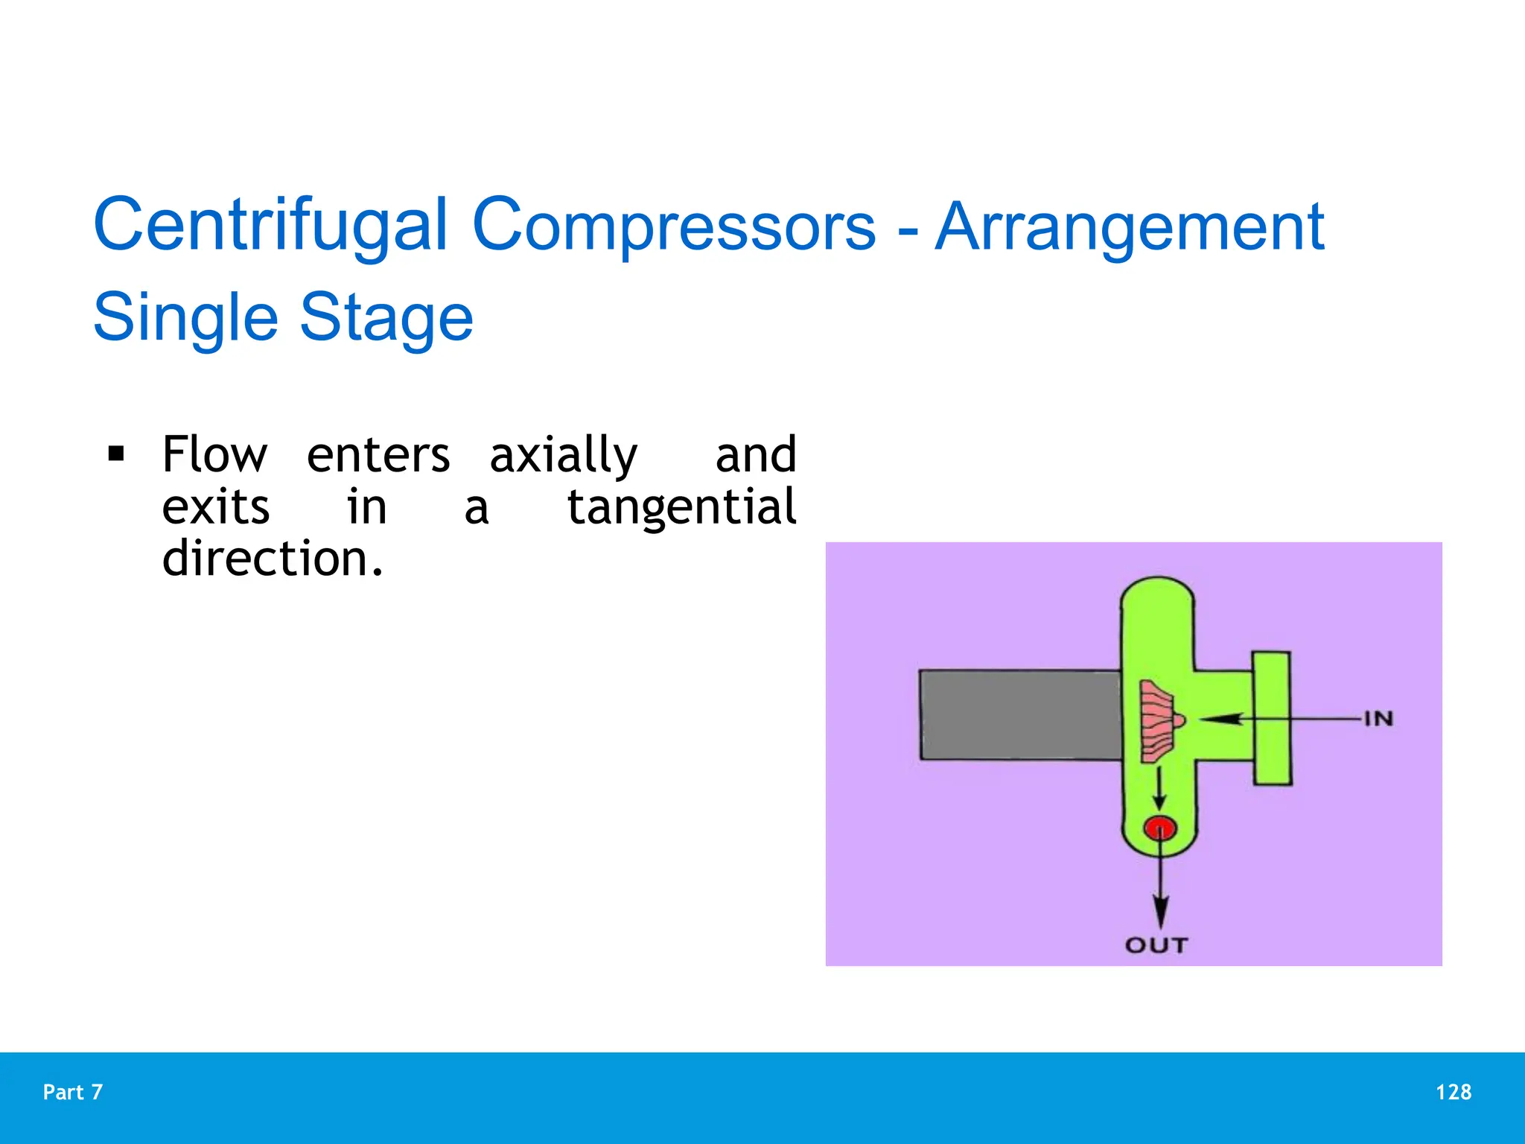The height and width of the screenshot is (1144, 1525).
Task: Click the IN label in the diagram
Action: point(1378,719)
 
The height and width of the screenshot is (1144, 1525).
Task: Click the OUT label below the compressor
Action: point(1156,945)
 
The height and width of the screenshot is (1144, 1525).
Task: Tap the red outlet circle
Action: point(1159,828)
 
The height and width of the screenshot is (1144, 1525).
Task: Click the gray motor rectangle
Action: point(1020,715)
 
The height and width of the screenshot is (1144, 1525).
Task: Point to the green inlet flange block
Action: point(1271,719)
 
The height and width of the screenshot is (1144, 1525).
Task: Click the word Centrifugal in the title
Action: point(270,225)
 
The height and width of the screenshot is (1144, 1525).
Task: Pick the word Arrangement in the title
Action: point(1129,226)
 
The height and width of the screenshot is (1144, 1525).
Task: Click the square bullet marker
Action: point(116,454)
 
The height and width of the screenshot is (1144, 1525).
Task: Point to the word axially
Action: point(563,455)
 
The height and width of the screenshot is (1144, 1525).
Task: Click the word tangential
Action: point(681,507)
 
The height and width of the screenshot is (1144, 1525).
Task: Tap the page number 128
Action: point(1453,1092)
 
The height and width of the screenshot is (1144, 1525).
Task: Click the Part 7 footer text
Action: point(73,1092)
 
